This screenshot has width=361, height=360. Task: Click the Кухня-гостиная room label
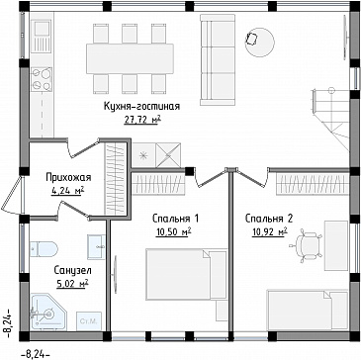pos(141,107)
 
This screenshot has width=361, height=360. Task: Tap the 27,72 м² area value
pos(142,120)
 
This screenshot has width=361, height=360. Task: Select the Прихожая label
pos(68,178)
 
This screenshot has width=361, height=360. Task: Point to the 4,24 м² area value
pos(68,191)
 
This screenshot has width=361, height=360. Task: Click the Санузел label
pos(73,271)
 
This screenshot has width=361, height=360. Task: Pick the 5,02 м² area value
pos(73,283)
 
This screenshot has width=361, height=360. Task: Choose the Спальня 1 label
pos(175,219)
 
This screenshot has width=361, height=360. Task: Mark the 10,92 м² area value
pos(269,231)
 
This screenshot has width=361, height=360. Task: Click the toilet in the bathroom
pos(44,248)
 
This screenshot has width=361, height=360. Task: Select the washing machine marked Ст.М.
pos(89,321)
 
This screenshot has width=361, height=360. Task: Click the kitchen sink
pos(42,37)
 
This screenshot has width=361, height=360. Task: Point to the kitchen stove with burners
pos(42,79)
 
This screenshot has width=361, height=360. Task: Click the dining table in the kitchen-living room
pos(130,58)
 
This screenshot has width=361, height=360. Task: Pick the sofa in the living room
pos(218,59)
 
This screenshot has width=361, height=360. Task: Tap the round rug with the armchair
pos(259,43)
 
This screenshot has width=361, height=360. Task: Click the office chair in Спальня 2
pos(308,246)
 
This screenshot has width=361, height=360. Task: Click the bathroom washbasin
pos(96,246)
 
